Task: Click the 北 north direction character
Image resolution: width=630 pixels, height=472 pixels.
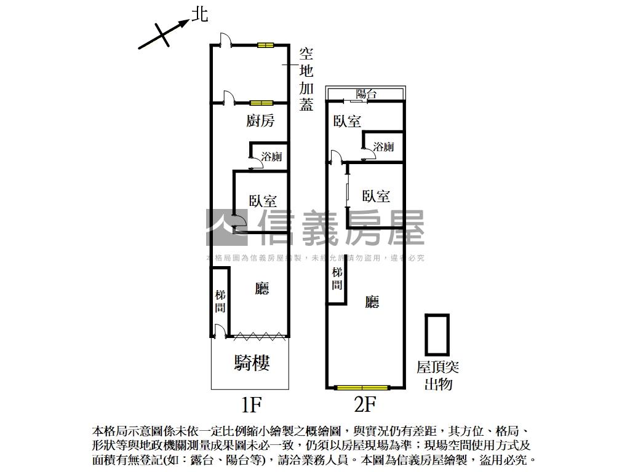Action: coord(199,14)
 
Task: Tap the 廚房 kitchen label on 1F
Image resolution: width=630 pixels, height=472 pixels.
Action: coord(260,121)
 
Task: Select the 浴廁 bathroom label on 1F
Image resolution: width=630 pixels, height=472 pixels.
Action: coord(271,156)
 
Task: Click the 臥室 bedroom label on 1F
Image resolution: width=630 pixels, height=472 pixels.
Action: coord(263,200)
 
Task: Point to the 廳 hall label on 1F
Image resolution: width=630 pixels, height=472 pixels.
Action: coord(262,288)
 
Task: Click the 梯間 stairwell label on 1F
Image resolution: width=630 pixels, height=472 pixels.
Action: coord(220,301)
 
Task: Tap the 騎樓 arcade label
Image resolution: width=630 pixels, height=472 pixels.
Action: coord(252,363)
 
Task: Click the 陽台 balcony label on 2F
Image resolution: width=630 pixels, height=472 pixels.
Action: coord(366,94)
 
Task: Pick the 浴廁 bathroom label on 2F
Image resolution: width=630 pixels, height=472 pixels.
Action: coord(383,147)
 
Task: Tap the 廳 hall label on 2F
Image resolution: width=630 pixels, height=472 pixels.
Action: coord(372,302)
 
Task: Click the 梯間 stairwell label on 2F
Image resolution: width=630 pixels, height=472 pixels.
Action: coord(337,278)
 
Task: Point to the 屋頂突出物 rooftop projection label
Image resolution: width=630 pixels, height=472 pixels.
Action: coord(437,376)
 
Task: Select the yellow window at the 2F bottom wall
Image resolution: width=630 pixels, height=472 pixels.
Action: coord(362,388)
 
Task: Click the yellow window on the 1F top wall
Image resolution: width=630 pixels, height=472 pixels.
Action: coord(266,45)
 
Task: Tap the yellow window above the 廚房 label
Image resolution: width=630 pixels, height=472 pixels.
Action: coord(261,103)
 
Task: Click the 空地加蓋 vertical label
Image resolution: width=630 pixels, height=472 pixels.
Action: coord(306,79)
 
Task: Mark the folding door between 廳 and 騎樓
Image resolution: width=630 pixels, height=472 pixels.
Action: coord(259,336)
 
